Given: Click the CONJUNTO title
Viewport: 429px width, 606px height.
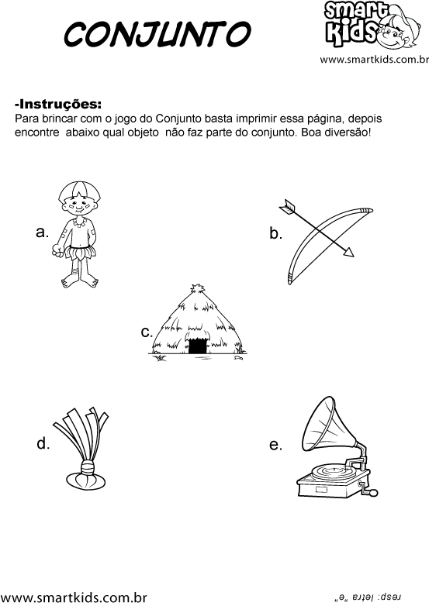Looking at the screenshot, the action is click(x=157, y=33).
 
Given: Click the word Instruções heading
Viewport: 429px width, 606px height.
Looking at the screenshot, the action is click(x=58, y=104).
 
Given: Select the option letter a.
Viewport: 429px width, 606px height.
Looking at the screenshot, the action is click(x=42, y=232).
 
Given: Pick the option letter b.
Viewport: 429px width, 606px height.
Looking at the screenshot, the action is click(x=275, y=233).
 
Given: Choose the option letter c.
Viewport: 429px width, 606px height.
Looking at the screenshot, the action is click(x=147, y=332).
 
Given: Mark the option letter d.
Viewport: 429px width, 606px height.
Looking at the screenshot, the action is click(x=43, y=443).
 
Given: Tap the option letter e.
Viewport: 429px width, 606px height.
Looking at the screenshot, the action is click(x=275, y=446).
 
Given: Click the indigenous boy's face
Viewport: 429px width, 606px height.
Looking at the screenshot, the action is click(x=78, y=206).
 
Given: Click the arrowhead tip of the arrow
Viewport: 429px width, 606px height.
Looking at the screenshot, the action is click(x=353, y=256).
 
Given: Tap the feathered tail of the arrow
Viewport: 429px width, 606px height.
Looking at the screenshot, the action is click(x=287, y=207).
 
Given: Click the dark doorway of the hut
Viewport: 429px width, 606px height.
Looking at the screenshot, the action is click(x=197, y=346).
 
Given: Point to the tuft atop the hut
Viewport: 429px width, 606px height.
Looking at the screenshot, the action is click(x=198, y=290).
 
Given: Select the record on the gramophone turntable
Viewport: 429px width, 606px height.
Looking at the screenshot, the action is click(x=331, y=470).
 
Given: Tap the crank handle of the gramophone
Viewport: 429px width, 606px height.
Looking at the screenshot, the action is click(x=368, y=490).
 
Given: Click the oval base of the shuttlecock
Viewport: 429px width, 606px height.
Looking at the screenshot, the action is click(x=85, y=480).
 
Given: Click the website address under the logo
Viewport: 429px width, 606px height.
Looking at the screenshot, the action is click(x=374, y=60).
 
